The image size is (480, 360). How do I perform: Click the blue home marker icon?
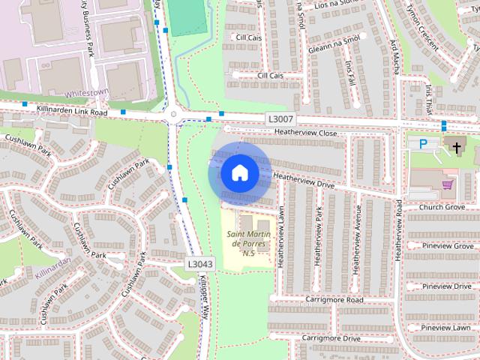coord(239,173)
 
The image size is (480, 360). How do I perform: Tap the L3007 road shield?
coord(280,119)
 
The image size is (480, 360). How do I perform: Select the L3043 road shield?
coord(200,263)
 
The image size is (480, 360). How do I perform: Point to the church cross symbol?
coord(456,147)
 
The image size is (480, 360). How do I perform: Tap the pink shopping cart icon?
coord(448,184)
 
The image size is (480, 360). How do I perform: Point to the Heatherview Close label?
coord(306,132)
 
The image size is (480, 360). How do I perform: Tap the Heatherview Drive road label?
coord(304,177)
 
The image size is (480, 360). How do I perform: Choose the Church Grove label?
coord(442,207)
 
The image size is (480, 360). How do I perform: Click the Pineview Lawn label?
coord(446,327)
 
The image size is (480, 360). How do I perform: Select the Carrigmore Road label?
coord(334,299)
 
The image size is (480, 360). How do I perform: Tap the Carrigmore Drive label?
coord(331,338)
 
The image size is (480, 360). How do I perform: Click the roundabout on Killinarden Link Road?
coord(174,115)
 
